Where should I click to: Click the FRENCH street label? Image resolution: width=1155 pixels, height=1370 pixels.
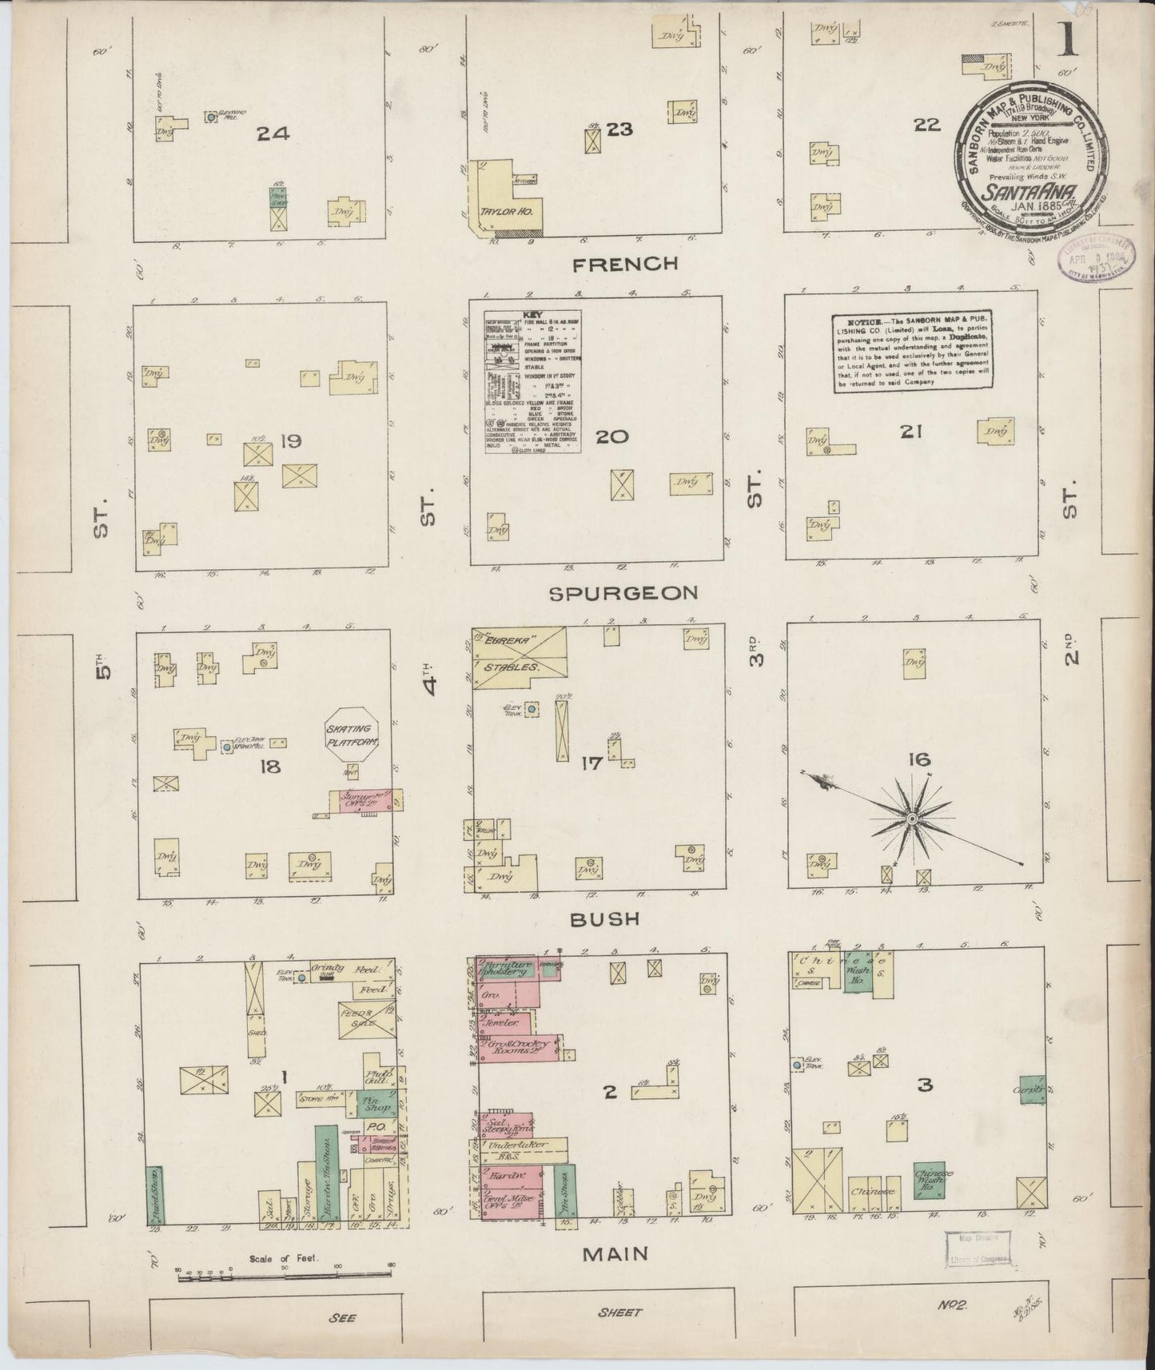point(625,264)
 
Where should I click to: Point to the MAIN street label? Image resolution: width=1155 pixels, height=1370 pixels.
point(615,1254)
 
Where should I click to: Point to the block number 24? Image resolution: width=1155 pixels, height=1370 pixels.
point(273,134)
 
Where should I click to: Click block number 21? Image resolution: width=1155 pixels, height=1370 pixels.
point(911,432)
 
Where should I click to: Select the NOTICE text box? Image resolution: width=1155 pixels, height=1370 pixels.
point(913,351)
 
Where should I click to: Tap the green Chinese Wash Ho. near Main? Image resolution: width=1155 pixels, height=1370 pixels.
point(927,1178)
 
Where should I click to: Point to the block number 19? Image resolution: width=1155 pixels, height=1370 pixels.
point(291,441)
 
